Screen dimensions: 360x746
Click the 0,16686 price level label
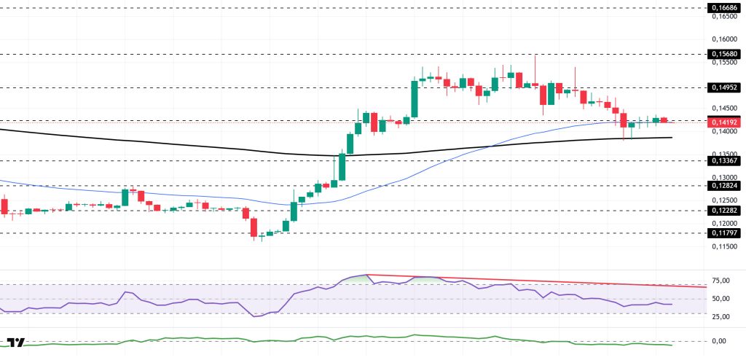pyautogui.click(x=723, y=7)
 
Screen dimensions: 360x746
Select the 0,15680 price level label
pyautogui.click(x=723, y=54)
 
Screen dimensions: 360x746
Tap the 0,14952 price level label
pyautogui.click(x=723, y=87)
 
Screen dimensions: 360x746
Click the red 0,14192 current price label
pyautogui.click(x=723, y=122)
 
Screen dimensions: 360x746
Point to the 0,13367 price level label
pyautogui.click(x=723, y=160)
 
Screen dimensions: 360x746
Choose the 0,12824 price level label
pyautogui.click(x=723, y=186)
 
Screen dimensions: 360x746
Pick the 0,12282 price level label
pyautogui.click(x=723, y=211)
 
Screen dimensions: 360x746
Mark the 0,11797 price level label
pyautogui.click(x=723, y=233)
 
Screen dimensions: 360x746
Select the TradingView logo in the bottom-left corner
pyautogui.click(x=16, y=343)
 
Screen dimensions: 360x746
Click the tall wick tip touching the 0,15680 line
pyautogui.click(x=535, y=55)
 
